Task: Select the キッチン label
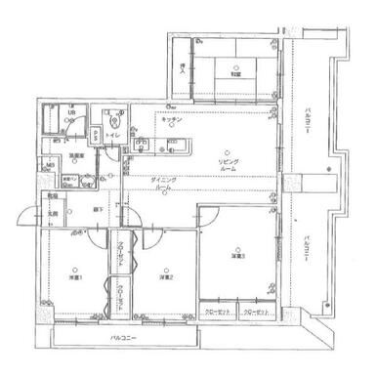[x=176, y=119]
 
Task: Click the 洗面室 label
[x=76, y=154]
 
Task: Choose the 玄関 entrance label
[x=54, y=213]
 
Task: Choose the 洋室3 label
[x=237, y=256]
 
